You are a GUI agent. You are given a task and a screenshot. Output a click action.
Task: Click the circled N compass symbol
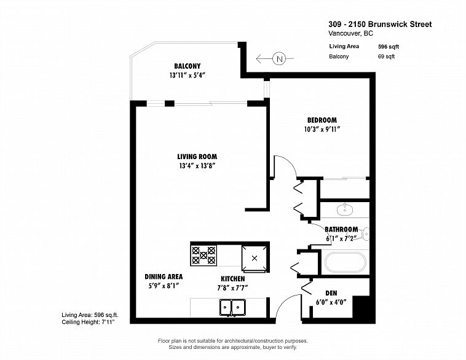pos(279,59)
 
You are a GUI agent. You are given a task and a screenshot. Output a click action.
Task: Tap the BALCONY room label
pos(188,66)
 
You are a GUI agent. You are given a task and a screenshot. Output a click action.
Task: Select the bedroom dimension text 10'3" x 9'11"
pos(322,129)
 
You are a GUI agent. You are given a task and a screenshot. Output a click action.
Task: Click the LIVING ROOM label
pos(197,157)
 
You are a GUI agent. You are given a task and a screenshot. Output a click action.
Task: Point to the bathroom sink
pos(345,209)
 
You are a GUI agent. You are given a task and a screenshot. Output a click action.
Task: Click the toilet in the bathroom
pos(365,234)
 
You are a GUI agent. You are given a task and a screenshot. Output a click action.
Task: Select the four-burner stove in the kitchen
pos(203,255)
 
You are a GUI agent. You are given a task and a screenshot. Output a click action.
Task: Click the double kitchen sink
pos(232,307)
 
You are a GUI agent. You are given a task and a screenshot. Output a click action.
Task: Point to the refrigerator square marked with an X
pos(255,258)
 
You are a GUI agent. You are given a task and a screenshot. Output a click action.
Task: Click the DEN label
pos(331,293)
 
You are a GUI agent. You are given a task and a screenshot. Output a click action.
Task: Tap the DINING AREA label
pos(164,276)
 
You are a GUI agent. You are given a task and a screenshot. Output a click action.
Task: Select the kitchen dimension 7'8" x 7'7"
pos(233,288)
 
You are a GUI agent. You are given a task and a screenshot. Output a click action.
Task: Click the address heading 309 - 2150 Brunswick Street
pos(380,24)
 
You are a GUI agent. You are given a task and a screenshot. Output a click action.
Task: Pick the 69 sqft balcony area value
pos(386,57)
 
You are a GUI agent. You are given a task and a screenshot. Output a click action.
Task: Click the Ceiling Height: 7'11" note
pos(88,322)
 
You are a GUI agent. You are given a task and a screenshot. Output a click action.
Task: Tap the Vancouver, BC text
pos(350,33)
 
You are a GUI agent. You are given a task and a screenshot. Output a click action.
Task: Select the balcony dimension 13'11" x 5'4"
pos(188,75)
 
